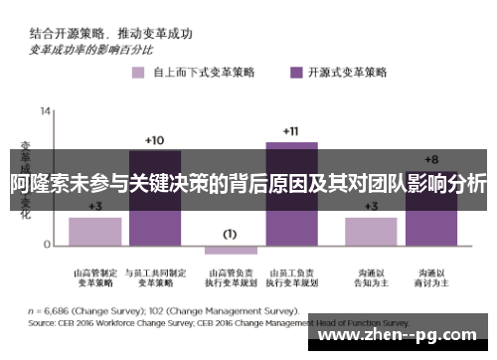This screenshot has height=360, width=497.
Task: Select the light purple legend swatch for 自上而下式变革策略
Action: point(136,72)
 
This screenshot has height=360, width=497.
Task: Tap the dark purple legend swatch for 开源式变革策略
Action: point(296,72)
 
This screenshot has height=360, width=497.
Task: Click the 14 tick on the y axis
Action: point(46,108)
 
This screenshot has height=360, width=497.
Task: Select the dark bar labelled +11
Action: point(291,193)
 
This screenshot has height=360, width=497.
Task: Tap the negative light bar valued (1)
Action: point(231,249)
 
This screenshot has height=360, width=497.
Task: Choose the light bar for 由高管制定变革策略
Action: point(95,230)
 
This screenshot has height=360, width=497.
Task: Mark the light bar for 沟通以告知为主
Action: point(371,230)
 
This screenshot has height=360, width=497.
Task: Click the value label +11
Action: point(290,131)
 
